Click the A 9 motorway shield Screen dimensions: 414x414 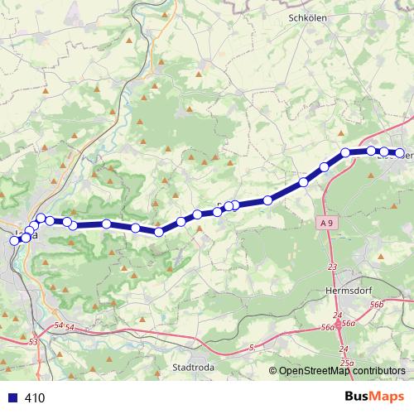click(x=329, y=223)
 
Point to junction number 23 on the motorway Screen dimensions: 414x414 click(x=333, y=267)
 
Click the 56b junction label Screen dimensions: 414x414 click(x=378, y=306)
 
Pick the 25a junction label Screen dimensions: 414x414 click(x=347, y=363)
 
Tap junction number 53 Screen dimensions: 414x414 click(x=33, y=341)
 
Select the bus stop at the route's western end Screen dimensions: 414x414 click(x=14, y=240)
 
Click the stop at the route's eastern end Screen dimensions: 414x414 click(x=400, y=152)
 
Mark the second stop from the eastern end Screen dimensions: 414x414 click(x=384, y=152)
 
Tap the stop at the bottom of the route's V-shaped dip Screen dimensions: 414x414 click(x=158, y=233)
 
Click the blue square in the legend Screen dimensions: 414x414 click(x=11, y=397)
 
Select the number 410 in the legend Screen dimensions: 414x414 click(x=35, y=397)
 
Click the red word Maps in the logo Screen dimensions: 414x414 click(x=388, y=397)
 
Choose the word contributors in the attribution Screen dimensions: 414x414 click(x=378, y=371)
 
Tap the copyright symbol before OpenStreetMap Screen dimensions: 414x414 click(x=273, y=371)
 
